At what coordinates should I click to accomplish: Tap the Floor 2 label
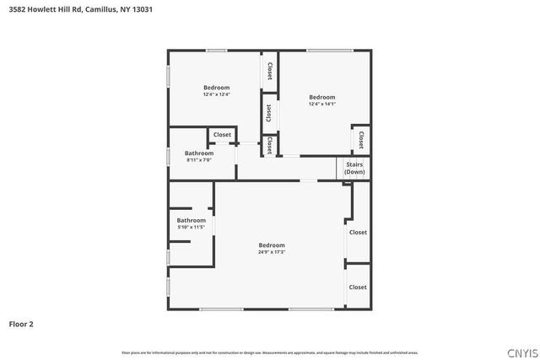coord(22,323)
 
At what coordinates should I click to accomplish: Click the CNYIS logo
coord(520,352)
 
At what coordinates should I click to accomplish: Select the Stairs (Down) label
coord(354,168)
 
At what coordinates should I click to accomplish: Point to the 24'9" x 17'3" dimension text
coord(272,252)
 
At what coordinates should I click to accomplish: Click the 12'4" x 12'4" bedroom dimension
coord(216,94)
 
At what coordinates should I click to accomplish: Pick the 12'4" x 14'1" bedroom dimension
coord(321,104)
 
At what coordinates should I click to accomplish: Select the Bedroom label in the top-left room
coord(216,88)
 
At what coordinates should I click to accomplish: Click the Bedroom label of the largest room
coord(272,245)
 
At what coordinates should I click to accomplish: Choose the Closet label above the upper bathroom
coord(222,135)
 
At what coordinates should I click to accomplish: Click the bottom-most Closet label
coord(358,287)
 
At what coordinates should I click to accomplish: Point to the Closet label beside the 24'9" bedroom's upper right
coord(358,232)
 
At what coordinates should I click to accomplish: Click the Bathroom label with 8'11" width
coord(199,153)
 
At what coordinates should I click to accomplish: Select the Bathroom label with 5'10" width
coord(191,221)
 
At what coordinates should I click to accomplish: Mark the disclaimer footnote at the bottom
coord(270,352)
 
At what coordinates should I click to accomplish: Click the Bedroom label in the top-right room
coord(321,97)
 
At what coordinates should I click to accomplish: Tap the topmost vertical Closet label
coord(270,71)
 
